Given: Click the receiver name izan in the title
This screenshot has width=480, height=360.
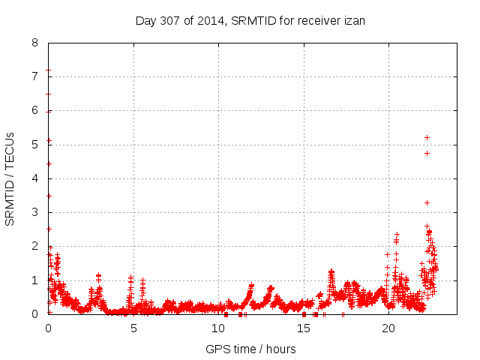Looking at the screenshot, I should (352, 20).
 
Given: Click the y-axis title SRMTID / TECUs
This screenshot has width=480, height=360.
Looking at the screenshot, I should (10, 178).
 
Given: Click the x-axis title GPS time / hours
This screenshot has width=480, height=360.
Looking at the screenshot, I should (250, 349).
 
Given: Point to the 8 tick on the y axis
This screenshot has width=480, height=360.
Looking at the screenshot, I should (34, 43).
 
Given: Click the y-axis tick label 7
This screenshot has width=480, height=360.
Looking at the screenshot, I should (34, 76).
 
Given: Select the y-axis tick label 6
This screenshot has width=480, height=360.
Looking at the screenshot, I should (34, 110).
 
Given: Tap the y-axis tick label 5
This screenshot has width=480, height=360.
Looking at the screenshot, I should (34, 145).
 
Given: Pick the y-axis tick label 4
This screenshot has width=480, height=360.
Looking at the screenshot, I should (34, 178).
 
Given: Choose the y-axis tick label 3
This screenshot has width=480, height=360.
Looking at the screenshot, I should (34, 212).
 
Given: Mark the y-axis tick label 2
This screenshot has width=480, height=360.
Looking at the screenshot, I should (34, 246).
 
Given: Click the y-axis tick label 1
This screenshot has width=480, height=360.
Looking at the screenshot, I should (34, 280).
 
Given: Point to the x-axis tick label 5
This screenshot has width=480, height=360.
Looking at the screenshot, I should (133, 328).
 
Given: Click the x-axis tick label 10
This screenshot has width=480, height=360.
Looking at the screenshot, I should (218, 328).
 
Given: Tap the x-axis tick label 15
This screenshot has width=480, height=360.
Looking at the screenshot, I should (304, 328).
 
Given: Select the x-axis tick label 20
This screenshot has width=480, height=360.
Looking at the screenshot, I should (388, 328).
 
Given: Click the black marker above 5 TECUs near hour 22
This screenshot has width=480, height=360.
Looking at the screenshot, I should (427, 137).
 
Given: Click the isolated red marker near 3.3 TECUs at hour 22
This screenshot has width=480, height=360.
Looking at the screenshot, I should (427, 202).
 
